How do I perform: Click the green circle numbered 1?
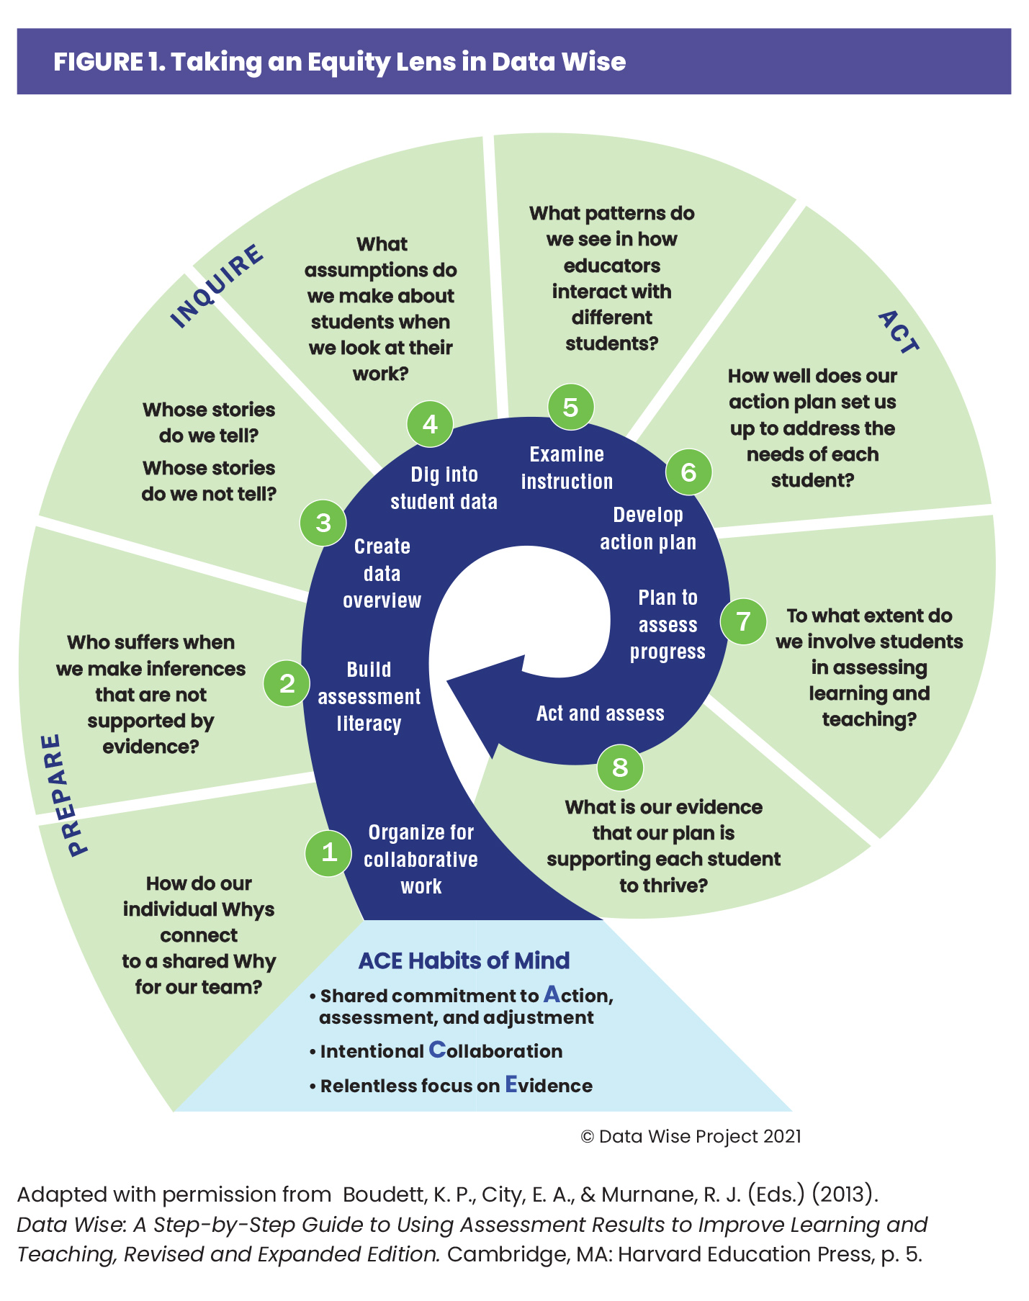point(328,853)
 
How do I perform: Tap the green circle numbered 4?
point(430,424)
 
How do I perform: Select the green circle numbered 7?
point(743,621)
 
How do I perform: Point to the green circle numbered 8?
point(620,767)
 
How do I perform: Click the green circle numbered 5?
point(570,407)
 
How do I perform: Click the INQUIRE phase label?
point(217,286)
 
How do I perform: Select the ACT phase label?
point(899,332)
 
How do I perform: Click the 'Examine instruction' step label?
point(567,468)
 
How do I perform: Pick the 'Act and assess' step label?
point(600,713)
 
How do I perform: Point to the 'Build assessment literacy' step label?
point(369,696)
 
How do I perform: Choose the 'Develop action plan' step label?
point(648,528)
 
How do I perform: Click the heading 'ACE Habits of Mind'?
point(464,960)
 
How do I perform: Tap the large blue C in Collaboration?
point(437,1050)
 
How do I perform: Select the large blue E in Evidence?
point(511,1084)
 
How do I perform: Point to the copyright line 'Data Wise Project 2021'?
point(691,1136)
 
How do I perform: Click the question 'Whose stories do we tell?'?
point(209,423)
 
